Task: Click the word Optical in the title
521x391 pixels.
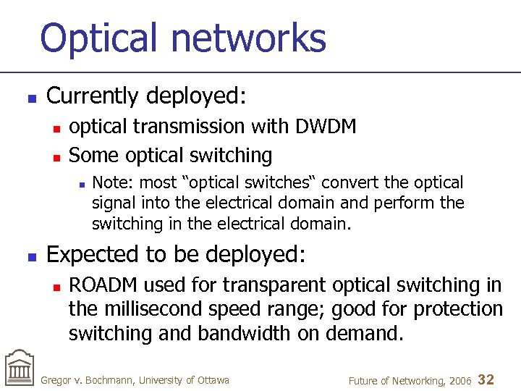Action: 98,38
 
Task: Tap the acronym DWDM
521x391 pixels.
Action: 326,127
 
